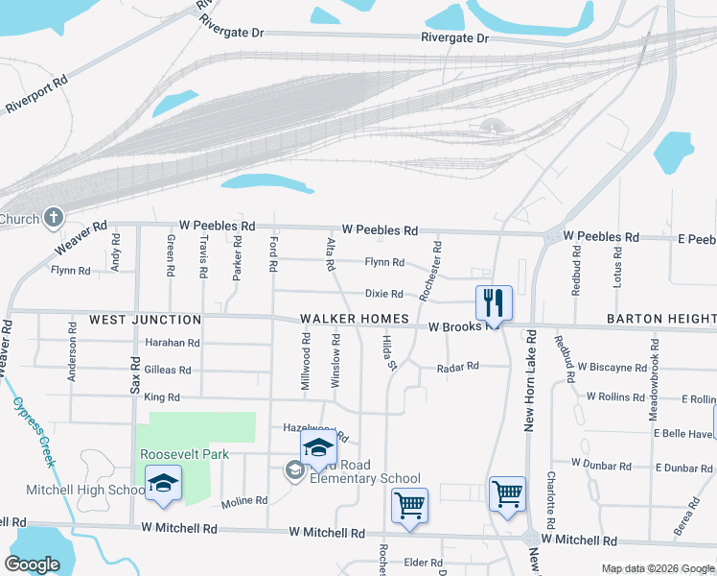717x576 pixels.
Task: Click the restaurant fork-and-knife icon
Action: coord(494,302)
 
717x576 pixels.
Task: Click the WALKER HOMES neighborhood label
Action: coord(355,319)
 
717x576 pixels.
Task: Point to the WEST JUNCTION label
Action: coord(146,320)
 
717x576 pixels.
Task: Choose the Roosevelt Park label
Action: coord(184,454)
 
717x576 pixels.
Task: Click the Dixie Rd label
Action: coord(384,294)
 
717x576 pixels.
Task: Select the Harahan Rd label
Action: coord(173,343)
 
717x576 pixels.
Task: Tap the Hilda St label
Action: coord(389,352)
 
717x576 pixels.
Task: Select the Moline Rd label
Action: coord(244,501)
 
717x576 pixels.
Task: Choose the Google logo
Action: coord(32,564)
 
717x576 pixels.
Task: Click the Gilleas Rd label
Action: coord(168,370)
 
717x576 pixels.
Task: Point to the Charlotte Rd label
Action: coord(552,500)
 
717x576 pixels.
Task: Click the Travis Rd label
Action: coord(203,256)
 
